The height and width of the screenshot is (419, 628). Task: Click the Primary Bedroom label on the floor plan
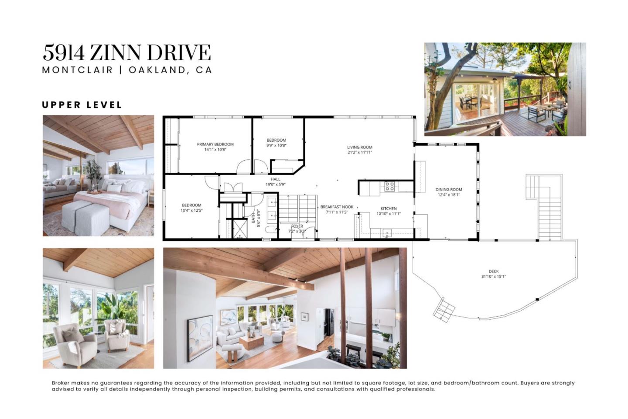tap(215, 147)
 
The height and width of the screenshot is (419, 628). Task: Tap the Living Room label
tap(360, 150)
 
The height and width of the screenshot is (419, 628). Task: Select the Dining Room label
tap(449, 192)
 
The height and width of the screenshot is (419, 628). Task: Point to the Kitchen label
tap(389, 211)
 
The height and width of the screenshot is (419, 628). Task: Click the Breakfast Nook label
tap(337, 209)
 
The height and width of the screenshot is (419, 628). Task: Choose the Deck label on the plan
tap(494, 274)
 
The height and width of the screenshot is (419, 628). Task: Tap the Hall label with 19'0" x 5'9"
tap(276, 182)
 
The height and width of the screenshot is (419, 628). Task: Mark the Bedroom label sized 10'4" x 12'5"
tap(191, 208)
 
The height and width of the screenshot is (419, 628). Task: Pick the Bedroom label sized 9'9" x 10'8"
tap(276, 143)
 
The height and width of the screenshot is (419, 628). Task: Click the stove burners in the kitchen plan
tap(389, 187)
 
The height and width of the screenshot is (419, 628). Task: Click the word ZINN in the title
tap(116, 53)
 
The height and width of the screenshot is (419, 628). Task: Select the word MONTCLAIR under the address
tap(77, 70)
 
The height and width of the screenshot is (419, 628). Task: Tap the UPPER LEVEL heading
tap(82, 105)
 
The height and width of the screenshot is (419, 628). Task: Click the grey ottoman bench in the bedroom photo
tap(85, 217)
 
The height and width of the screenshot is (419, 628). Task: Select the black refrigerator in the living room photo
tap(329, 322)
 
